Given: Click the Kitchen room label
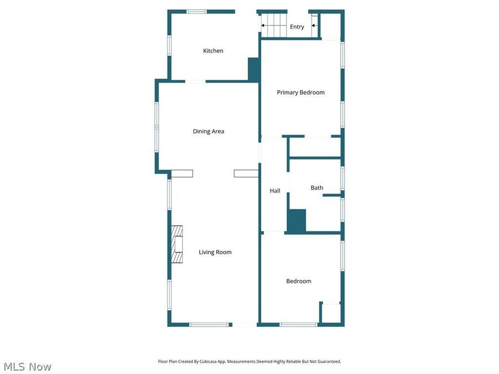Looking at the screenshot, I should (x=213, y=51).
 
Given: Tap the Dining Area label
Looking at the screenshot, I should (x=208, y=131).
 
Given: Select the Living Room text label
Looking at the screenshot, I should (x=215, y=252).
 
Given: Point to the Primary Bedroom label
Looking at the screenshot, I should (x=301, y=93).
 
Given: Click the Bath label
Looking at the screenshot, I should (x=317, y=188).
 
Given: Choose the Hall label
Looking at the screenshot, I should (x=275, y=191).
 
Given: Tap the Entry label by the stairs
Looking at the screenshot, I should (x=297, y=27).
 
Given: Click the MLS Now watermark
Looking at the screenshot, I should (x=27, y=367).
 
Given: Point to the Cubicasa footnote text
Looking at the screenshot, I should (x=249, y=361).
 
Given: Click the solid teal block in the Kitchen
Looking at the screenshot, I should (x=253, y=70).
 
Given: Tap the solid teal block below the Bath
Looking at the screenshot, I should (x=297, y=221).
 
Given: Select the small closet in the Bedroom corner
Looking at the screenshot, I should (x=330, y=313).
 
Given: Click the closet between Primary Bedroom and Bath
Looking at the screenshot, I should (x=314, y=147).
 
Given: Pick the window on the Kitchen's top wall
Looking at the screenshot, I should (x=196, y=11).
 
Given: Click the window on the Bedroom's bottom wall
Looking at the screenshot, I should (x=298, y=325).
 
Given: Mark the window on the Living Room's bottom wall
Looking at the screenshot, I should (x=209, y=325).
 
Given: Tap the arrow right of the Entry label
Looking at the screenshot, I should (x=314, y=25).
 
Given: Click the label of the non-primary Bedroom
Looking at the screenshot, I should (x=298, y=281).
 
